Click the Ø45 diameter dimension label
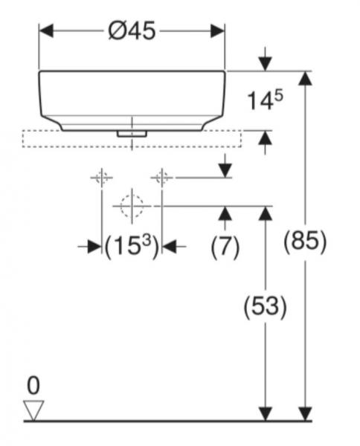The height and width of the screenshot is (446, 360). (x=132, y=31)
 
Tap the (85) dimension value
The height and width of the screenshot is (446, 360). (x=305, y=242)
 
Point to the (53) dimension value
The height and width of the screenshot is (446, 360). (x=266, y=306)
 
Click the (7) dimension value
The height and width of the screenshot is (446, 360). (x=225, y=247)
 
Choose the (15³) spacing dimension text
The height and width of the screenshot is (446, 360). (x=132, y=247)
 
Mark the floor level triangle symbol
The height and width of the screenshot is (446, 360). (x=34, y=410)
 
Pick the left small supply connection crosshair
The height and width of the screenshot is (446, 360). (x=101, y=178)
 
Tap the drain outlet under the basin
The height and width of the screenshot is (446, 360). (x=132, y=133)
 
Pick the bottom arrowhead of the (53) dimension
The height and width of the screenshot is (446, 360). (x=265, y=413)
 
